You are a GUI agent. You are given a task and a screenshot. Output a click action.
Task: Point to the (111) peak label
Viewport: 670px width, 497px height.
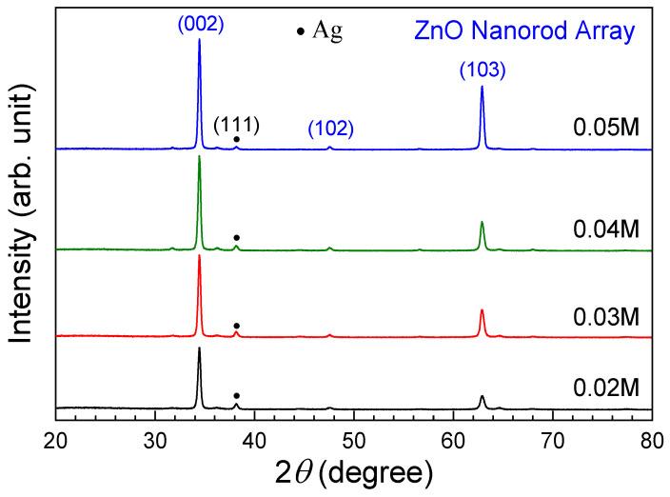point(236,124)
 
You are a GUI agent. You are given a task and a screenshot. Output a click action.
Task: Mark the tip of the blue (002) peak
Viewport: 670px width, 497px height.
point(199,40)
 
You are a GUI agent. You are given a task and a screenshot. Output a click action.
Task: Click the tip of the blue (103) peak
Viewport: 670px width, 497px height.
point(483,87)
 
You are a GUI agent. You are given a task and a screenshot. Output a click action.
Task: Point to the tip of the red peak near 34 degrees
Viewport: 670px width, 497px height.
point(199,255)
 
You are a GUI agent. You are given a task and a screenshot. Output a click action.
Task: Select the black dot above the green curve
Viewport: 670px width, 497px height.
point(236,237)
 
